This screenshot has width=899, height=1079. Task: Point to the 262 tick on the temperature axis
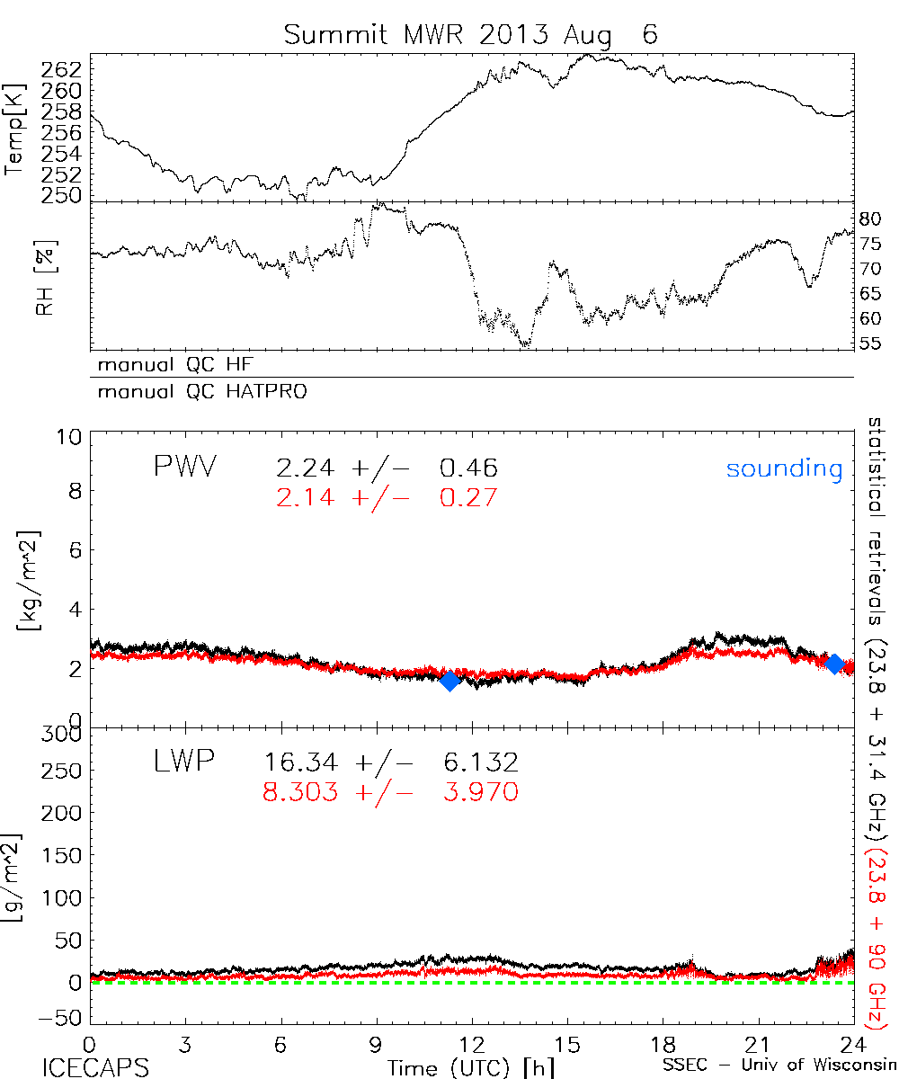click(62, 68)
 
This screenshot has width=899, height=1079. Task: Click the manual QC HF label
click(170, 365)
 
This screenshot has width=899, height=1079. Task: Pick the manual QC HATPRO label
click(194, 392)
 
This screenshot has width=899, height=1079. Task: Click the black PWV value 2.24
click(299, 468)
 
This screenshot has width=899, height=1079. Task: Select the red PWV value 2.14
click(299, 497)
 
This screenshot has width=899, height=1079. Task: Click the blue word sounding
click(784, 468)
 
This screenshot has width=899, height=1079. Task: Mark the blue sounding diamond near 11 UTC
click(450, 680)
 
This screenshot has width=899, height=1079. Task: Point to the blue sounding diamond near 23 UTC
click(834, 664)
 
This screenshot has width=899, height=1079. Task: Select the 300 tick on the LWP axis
click(65, 734)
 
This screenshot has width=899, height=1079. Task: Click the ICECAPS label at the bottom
click(94, 1066)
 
